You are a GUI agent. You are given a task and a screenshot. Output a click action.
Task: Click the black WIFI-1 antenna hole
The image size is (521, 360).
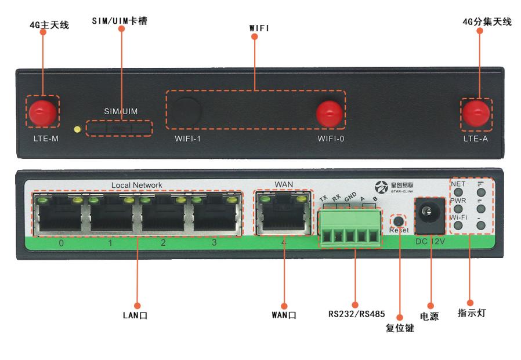(187, 111)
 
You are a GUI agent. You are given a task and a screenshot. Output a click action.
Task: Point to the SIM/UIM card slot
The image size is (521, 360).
(119, 128)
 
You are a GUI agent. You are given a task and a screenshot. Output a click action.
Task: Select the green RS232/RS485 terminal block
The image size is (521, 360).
(350, 227)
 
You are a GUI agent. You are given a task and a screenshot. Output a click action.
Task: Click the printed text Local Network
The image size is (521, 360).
(136, 185)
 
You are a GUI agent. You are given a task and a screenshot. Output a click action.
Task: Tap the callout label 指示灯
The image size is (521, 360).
(470, 314)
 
